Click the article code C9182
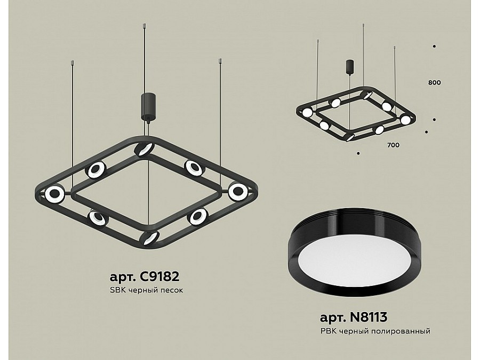coord(159,277)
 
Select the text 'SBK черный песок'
coord(146,290)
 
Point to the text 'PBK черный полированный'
coord(375,331)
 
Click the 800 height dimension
coord(434,83)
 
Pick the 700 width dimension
coord(393,145)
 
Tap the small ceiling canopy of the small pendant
coord(349,67)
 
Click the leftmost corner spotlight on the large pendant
coord(54,194)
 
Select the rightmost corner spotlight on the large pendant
coord(238,191)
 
